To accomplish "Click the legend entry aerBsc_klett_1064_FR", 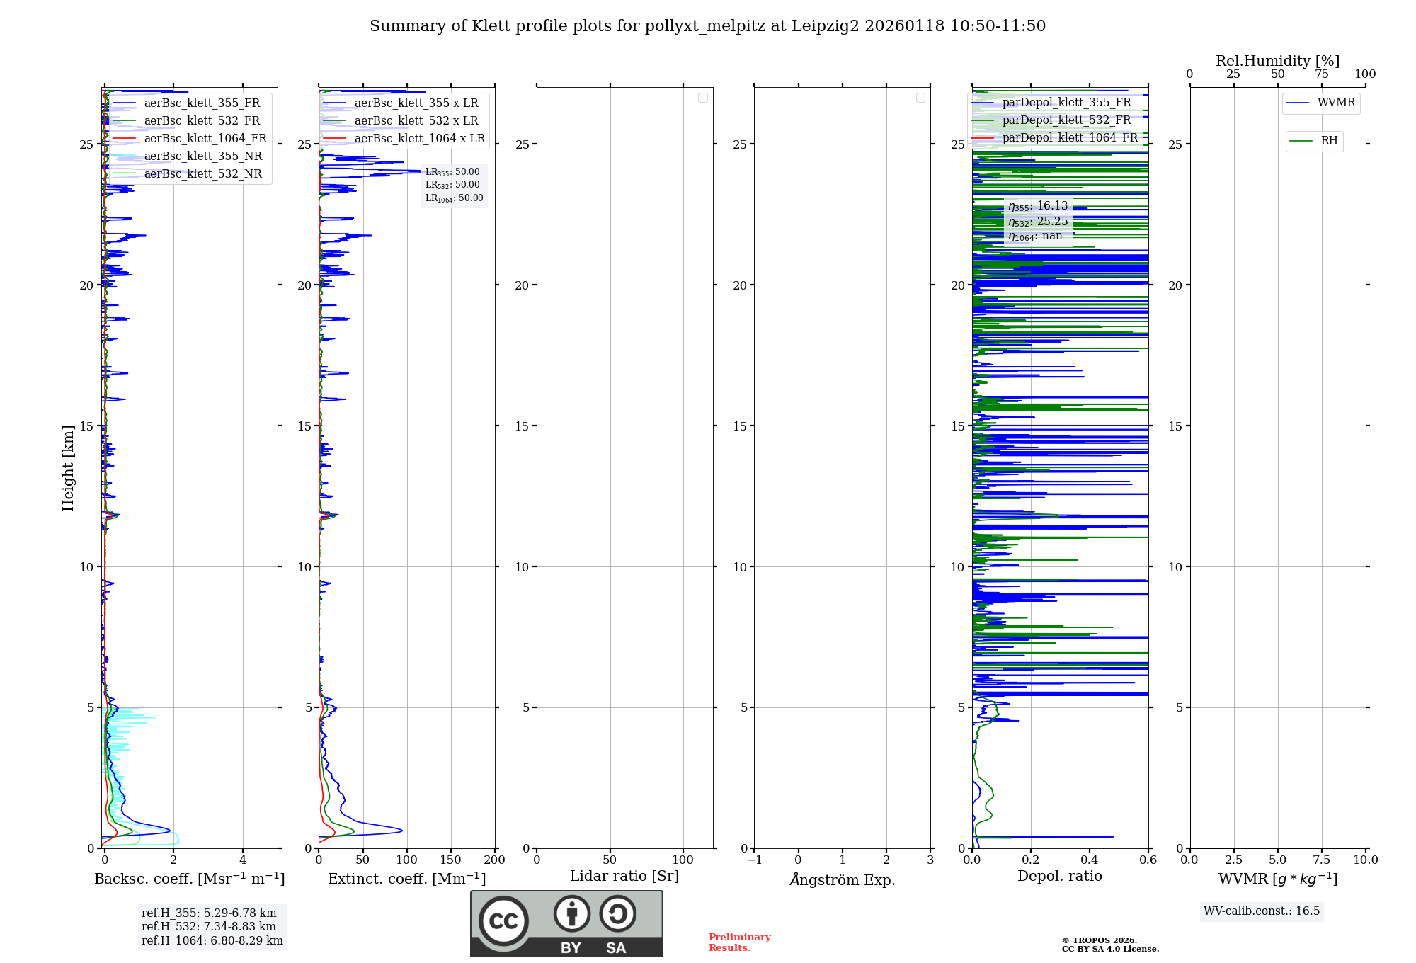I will pos(205,139).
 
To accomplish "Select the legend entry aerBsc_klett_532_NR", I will pos(203,174).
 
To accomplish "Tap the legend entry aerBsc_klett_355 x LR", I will pos(416,103).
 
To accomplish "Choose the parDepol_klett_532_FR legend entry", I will pos(1066,120).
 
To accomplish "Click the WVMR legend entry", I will pos(1336,103).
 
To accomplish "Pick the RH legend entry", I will pos(1329,141).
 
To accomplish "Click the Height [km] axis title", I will pos(68,468).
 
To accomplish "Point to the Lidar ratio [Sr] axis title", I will pos(624,877).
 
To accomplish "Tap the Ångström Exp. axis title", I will pos(843,880).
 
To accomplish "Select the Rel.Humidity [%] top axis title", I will pos(1277,61).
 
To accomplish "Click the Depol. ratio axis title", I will pos(1059,877).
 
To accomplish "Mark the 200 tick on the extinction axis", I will pos(495,860).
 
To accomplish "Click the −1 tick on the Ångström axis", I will pos(754,860).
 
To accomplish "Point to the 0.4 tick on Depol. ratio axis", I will pos(1089,860).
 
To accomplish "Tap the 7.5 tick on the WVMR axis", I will pos(1322,860).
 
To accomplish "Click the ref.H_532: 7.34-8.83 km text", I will pos(209,927).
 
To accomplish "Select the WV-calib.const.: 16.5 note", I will pos(1262,911).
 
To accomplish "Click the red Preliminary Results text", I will pos(739,942).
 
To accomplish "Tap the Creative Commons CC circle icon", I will pos(503,921).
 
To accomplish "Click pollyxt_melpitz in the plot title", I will pos(705,26).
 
